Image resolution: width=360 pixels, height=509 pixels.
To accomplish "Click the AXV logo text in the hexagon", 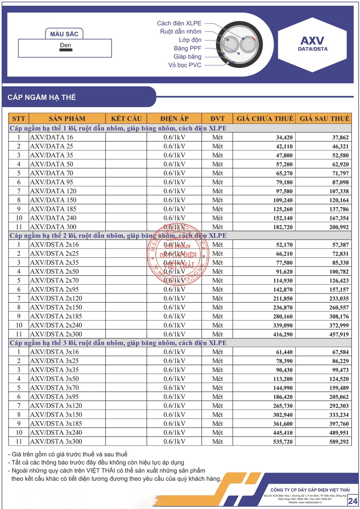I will point(312,41).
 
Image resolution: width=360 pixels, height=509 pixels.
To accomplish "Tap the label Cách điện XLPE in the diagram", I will point(179,23).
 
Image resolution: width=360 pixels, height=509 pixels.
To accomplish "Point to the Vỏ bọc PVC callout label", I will point(185,65).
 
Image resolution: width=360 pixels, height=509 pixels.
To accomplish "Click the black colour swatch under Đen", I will point(66,50).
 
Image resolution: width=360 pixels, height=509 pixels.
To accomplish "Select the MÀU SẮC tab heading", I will point(64,34).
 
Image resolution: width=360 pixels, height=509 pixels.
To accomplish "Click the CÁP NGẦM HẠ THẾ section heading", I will point(42,97).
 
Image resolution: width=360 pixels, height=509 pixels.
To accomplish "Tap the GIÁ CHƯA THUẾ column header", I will point(265,118).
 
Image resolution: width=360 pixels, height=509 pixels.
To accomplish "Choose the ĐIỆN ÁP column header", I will point(174,118).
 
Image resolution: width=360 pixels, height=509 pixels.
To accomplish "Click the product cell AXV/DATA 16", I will point(52,137).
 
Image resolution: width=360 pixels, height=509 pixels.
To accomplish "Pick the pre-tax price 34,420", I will point(284,138).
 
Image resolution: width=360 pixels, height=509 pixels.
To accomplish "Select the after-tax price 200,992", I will point(339,227).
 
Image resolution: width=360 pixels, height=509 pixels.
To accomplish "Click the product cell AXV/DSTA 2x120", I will point(56,298).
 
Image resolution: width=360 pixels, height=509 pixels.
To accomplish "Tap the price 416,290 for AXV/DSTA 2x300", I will point(283,335).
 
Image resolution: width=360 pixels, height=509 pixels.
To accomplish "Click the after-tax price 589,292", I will point(339,442).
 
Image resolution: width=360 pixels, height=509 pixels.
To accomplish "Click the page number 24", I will point(353,501).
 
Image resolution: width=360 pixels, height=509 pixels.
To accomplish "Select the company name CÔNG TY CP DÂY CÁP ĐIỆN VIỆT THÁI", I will point(310,490).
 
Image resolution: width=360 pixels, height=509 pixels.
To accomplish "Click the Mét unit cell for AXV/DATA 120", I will point(217,191).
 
